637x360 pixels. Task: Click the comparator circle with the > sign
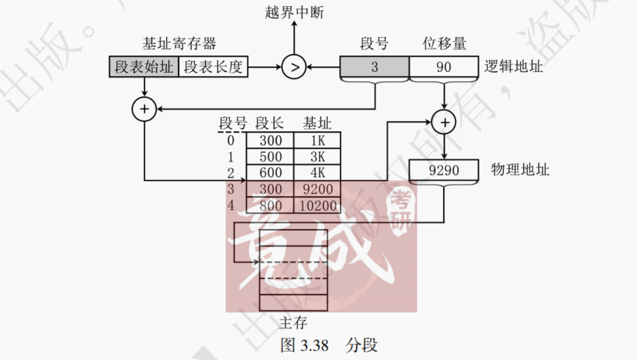pos(294,67)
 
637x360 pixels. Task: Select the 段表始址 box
pos(144,67)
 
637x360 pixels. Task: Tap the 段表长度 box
pos(213,67)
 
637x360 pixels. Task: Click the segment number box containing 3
pos(375,67)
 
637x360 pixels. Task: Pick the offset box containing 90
pos(444,67)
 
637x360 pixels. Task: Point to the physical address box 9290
pos(444,171)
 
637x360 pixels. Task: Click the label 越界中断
pos(294,12)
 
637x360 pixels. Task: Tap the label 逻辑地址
pos(514,67)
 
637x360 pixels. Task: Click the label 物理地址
pos(520,170)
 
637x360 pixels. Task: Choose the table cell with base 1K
pos(317,141)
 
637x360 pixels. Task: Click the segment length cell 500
pos(270,157)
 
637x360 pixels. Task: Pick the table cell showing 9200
pos(317,189)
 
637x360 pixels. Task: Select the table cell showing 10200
pos(317,205)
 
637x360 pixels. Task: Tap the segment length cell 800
pos(270,205)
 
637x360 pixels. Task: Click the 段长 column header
pos(269,123)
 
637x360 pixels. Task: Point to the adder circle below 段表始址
pos(144,109)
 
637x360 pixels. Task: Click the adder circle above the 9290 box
pos(444,122)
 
